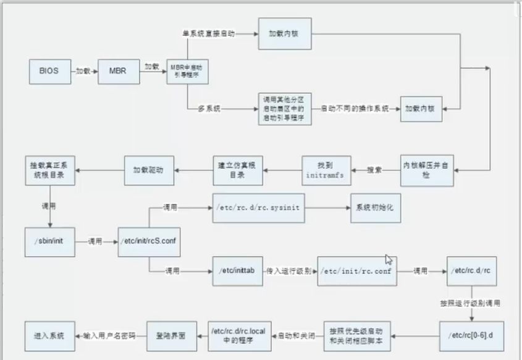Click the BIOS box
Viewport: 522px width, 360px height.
coord(49,71)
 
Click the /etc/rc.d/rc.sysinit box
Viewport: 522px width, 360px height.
coord(258,208)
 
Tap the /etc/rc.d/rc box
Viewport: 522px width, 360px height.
coord(472,270)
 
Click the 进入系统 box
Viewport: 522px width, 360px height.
coord(49,337)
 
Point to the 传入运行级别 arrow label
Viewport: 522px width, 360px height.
coord(289,270)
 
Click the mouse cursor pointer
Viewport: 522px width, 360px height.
coord(389,259)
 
